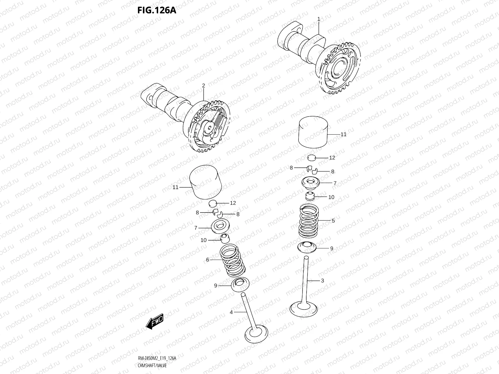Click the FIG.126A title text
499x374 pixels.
157,11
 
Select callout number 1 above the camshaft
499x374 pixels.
318,19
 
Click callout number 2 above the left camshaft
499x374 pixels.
203,85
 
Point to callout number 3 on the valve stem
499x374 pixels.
322,280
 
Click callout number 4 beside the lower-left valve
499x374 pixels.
231,312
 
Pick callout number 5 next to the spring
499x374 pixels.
333,221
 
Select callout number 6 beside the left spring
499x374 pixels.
207,260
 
